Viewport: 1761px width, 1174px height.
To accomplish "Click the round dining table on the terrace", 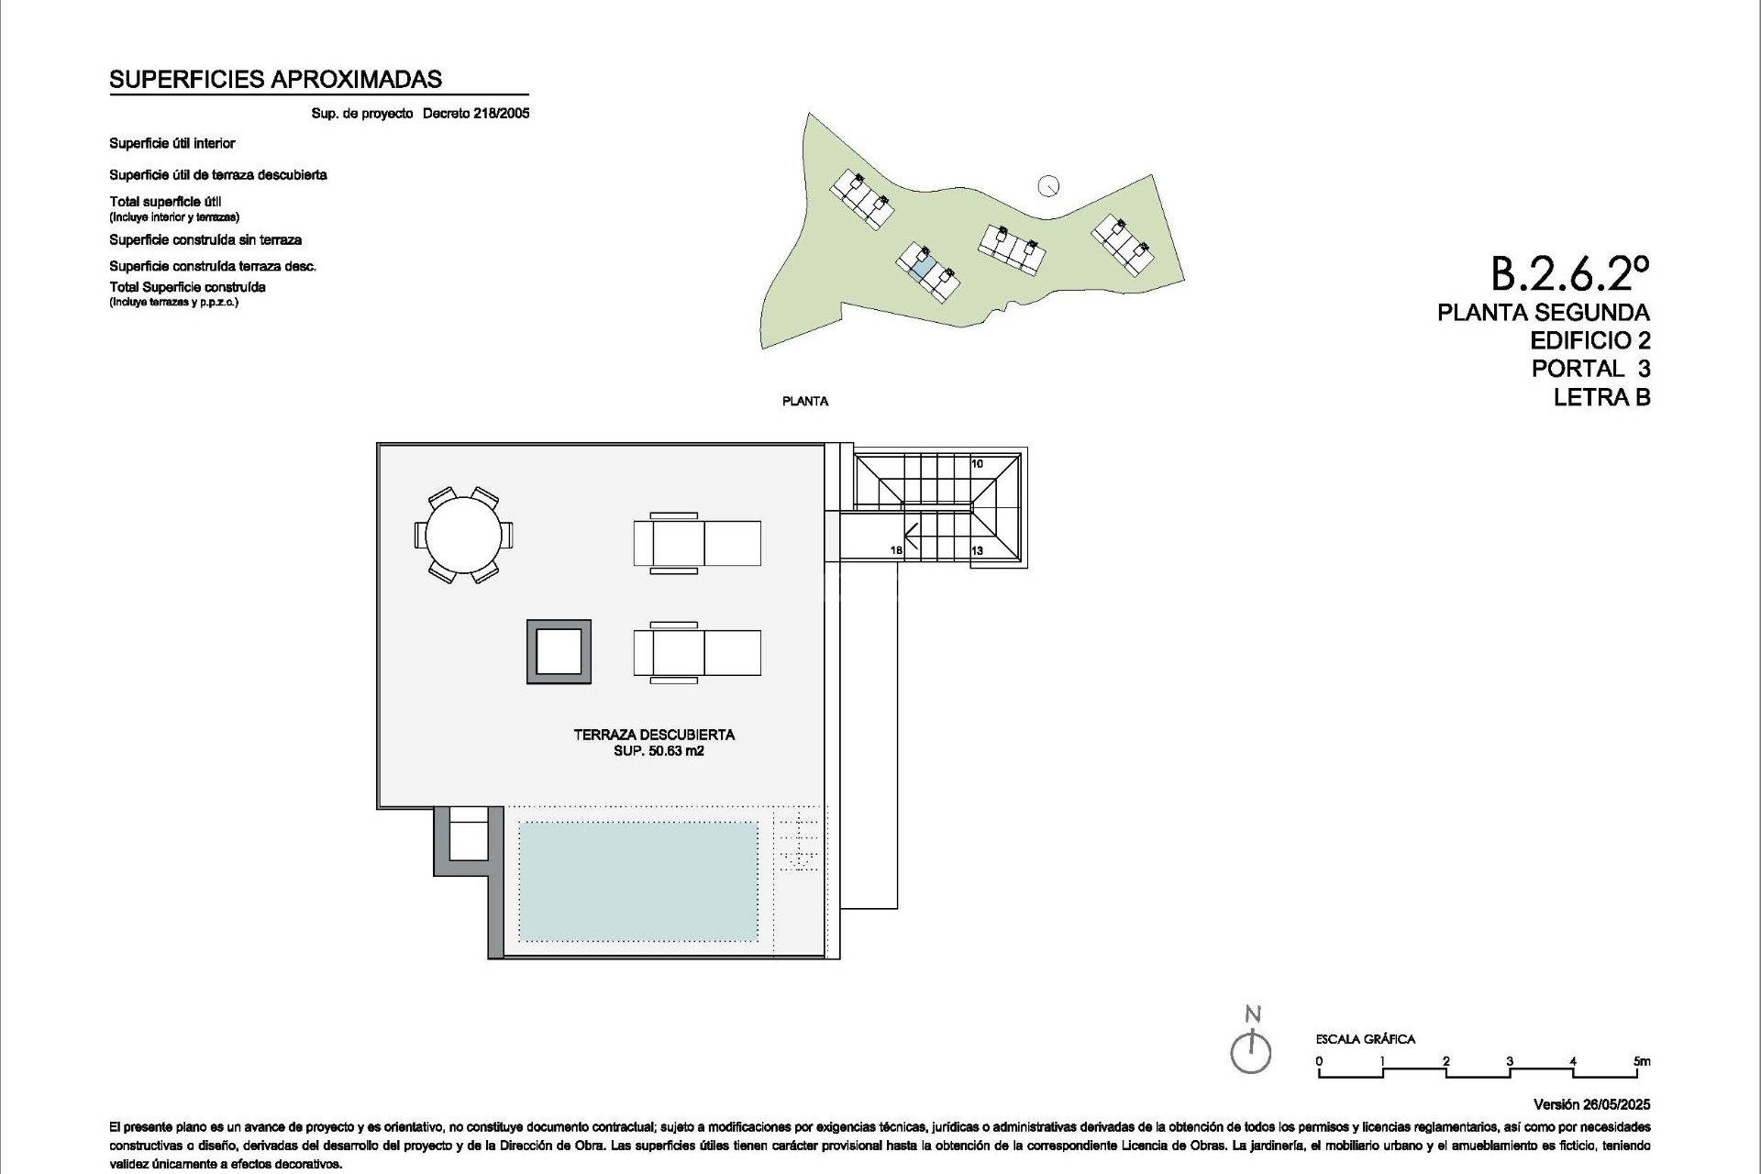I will coord(463,535).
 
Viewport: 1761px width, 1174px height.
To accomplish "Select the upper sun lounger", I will coord(697,543).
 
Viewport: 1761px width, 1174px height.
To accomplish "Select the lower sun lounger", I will coord(697,652).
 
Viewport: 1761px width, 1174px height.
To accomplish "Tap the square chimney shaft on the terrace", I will coord(559,652).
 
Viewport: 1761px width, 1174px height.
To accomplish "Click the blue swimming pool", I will coord(638,881).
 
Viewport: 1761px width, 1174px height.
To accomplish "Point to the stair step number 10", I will coord(977,464).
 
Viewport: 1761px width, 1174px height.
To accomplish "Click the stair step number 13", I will coord(977,550).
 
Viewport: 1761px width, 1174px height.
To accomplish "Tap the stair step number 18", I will coord(896,550).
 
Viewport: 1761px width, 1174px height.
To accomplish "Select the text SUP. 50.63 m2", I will coord(659,751).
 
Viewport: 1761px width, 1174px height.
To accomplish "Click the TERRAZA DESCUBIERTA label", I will coord(654,735).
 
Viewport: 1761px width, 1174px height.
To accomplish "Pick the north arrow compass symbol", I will coord(1251,1050).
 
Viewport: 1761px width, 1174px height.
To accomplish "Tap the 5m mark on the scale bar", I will coord(1642,1062).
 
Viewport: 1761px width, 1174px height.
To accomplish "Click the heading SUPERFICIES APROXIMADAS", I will coord(275,80).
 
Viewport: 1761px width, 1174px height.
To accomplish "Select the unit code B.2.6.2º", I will coord(1569,272).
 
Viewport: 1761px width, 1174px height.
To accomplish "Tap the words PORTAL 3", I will coord(1590,369).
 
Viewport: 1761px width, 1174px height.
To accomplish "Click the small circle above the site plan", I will coord(1048,186).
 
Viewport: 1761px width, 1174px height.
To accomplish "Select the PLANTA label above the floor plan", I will coord(805,402).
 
